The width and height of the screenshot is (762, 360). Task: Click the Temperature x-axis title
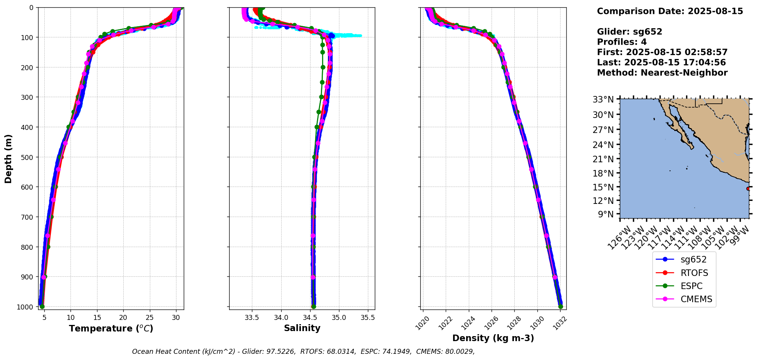click(111, 328)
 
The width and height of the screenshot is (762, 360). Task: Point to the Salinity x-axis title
click(302, 328)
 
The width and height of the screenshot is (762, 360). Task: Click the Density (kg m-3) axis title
click(493, 338)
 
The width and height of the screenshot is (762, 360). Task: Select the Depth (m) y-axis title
click(8, 158)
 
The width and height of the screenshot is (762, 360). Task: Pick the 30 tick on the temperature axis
click(176, 318)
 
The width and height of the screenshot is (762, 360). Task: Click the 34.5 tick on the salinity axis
click(310, 318)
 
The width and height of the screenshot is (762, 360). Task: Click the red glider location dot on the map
click(748, 188)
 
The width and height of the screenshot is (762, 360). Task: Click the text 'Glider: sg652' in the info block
click(629, 32)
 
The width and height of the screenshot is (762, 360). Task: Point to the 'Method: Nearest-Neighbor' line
click(662, 73)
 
